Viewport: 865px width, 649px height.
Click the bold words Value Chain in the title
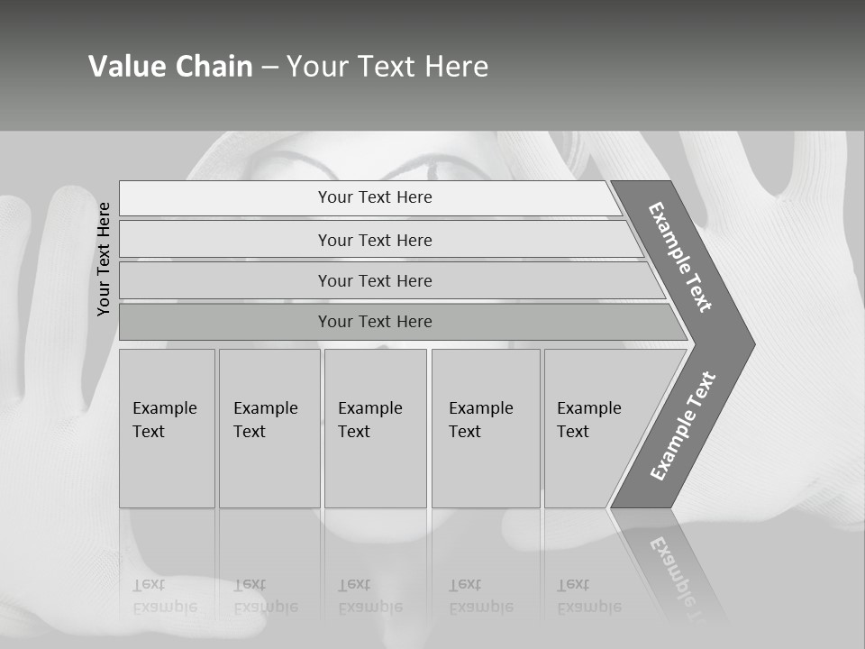tap(170, 66)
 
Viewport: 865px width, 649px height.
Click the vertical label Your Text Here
tap(105, 259)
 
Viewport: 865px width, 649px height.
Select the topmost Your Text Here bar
tap(375, 197)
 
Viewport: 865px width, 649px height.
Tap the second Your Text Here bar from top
tap(375, 240)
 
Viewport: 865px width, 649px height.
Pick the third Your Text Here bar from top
tap(375, 280)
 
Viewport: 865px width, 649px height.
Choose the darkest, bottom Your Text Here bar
tap(375, 322)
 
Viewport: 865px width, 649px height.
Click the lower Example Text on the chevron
tap(683, 426)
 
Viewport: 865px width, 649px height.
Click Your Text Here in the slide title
tap(387, 66)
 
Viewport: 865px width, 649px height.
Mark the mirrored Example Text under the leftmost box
tap(165, 596)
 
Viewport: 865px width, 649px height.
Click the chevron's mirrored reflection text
tap(678, 577)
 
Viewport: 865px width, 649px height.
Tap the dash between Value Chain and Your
tap(269, 67)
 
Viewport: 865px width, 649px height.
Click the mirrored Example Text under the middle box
tap(370, 596)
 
